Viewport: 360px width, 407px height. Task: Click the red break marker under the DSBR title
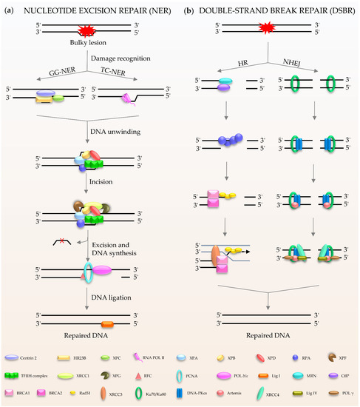coord(269,30)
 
